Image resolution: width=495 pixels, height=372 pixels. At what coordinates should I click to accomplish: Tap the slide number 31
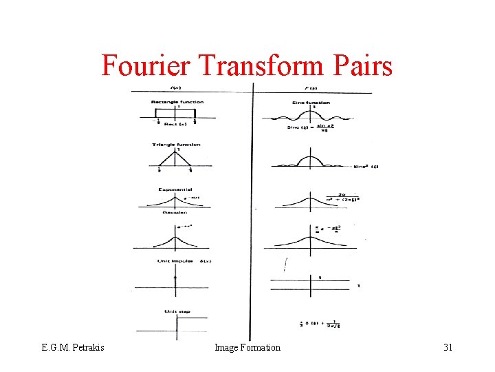coord(448,348)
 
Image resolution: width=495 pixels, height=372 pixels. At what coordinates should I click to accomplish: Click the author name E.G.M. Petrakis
coord(72,348)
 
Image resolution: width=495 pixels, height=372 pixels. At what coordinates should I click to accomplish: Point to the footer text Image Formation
coord(247,348)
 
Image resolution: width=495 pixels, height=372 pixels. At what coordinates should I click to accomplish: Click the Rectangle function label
coord(177,102)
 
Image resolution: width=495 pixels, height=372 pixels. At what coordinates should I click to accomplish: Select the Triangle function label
coord(176,145)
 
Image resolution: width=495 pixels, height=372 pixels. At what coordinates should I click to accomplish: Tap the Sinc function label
coord(313,102)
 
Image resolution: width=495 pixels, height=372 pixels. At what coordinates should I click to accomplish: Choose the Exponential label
coord(175,189)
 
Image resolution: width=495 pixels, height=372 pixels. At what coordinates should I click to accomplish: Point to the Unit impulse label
coord(173,261)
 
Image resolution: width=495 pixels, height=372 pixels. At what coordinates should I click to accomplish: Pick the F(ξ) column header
coord(311,88)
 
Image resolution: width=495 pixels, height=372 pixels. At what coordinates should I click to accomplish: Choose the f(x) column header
coord(176,88)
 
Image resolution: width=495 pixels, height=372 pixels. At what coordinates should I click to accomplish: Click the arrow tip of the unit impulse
coord(176,274)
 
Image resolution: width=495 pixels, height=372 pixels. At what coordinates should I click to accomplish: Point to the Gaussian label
coord(175,212)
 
